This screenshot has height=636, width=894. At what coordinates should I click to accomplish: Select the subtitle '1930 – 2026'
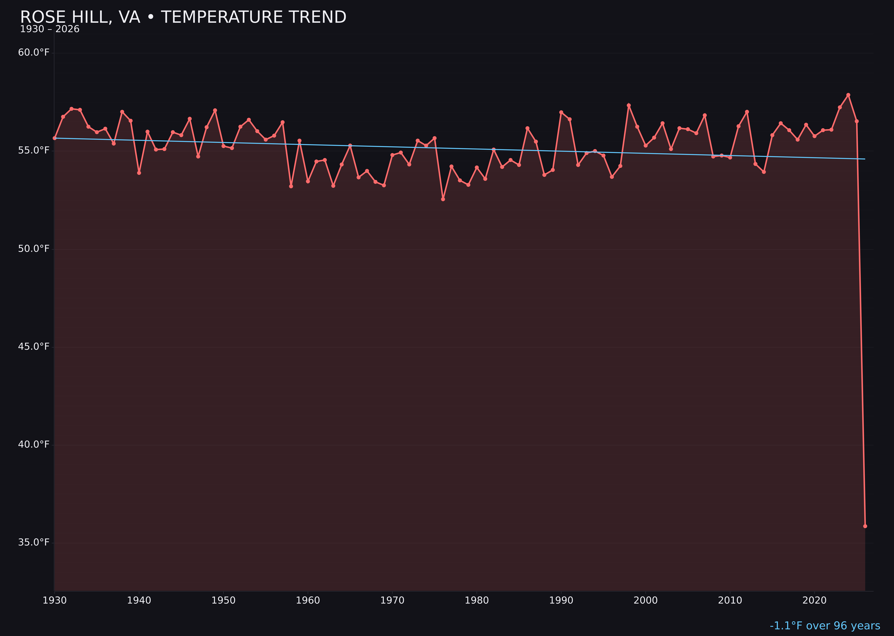[50, 29]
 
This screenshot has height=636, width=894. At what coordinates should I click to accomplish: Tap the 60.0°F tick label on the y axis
[34, 53]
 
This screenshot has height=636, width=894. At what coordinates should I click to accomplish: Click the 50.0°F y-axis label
[34, 249]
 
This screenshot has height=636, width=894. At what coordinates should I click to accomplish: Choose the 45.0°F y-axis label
[34, 347]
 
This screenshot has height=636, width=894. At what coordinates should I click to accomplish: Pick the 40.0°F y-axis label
[34, 445]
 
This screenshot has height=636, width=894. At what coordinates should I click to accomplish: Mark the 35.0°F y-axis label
[34, 542]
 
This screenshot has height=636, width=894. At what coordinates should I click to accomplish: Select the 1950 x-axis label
[223, 600]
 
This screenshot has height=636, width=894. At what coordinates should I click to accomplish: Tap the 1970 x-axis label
[392, 600]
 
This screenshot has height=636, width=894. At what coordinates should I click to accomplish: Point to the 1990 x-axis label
[561, 600]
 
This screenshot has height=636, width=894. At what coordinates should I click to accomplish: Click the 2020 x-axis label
[814, 600]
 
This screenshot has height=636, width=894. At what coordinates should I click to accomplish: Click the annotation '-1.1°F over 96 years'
[825, 626]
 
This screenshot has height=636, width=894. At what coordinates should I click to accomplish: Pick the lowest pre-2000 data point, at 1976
[443, 199]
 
